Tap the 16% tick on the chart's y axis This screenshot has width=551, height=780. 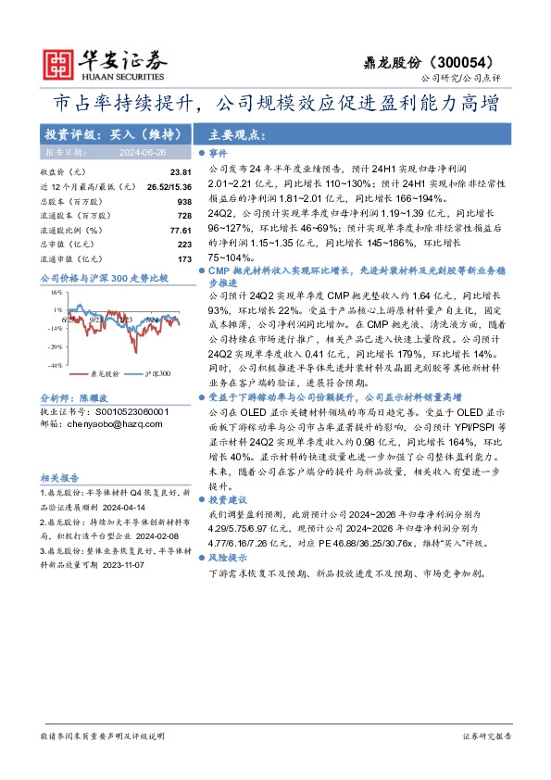(56, 292)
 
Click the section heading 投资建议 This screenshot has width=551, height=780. (226, 498)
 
